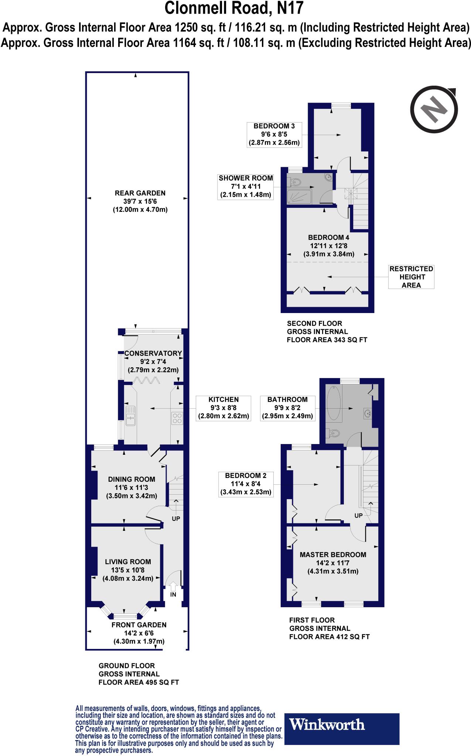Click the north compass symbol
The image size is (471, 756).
point(435,110)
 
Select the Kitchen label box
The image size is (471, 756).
point(223,408)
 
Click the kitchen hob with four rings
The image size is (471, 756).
point(177,418)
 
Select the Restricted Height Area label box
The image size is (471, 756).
point(411,277)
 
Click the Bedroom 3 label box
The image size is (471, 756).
point(274,134)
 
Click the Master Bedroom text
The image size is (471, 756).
point(333,554)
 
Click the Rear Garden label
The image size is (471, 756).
point(140,201)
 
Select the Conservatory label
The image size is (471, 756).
point(153,353)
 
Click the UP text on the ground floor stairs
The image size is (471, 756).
point(176,518)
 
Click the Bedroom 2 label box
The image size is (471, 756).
point(246,484)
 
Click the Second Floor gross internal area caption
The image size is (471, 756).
point(327,331)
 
